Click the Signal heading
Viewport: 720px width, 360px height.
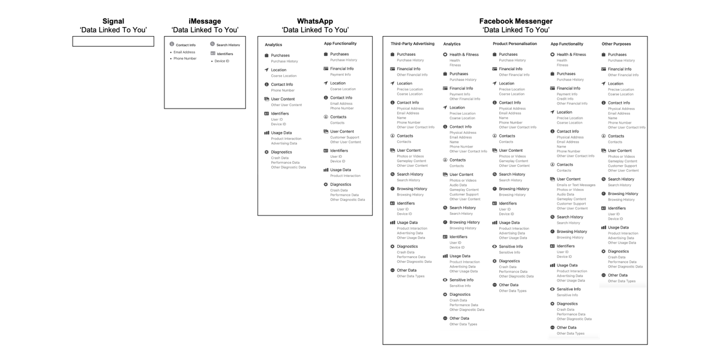(113, 21)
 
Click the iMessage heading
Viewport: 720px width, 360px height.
(205, 21)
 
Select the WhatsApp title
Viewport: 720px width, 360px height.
(315, 21)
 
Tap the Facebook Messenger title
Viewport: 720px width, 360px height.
(515, 21)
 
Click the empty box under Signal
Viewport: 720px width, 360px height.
(113, 41)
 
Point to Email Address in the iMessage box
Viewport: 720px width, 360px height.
(184, 52)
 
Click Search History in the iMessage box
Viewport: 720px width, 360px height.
(228, 45)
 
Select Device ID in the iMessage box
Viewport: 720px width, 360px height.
(222, 61)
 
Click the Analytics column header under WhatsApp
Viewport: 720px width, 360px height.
(274, 45)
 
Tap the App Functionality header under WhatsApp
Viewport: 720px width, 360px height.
(340, 44)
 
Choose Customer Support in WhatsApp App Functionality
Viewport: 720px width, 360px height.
(344, 137)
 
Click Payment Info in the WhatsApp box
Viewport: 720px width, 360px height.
(340, 74)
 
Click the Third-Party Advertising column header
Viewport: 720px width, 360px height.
(412, 44)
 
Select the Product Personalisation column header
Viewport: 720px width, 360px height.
(515, 44)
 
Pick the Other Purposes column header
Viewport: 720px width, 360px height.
(616, 44)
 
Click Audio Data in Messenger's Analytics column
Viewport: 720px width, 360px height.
(458, 185)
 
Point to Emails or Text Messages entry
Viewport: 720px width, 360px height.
(576, 185)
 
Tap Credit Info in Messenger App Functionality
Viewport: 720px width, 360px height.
(565, 99)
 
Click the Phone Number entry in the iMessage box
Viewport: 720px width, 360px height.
(185, 59)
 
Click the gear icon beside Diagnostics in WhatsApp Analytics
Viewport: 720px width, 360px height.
(266, 152)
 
